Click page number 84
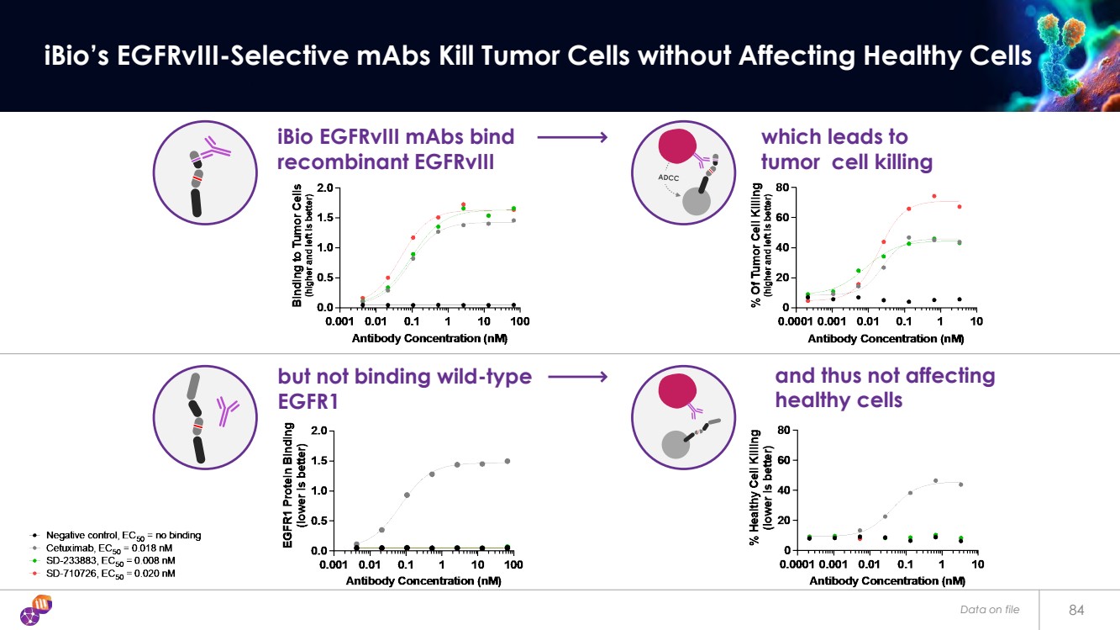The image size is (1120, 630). coord(1077,609)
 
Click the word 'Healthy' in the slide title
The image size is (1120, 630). coord(903,56)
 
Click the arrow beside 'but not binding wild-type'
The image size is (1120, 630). coord(577,378)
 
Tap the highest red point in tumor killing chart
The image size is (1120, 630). coord(933,196)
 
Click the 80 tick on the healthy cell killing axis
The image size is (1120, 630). coord(781,431)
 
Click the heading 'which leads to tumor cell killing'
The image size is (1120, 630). coord(846,149)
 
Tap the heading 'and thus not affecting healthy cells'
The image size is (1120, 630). coord(884,388)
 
